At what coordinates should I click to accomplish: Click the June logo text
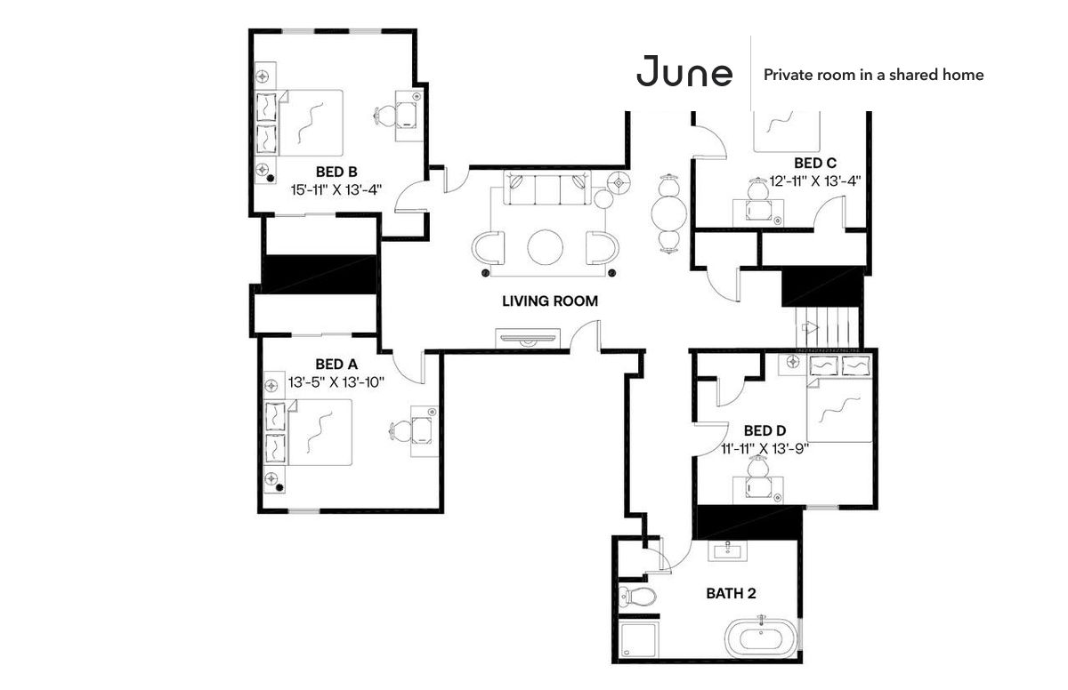click(684, 71)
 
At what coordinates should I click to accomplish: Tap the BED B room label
click(336, 172)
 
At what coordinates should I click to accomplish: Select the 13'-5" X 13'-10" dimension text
click(336, 382)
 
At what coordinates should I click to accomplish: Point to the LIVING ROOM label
click(550, 301)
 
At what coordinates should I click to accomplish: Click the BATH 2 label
click(731, 593)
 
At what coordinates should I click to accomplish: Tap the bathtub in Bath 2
click(760, 638)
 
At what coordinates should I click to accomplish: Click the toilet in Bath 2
click(637, 596)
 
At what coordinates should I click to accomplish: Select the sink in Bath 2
click(728, 551)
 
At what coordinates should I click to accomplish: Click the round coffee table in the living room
click(545, 247)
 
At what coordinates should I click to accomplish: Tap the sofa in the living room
click(547, 189)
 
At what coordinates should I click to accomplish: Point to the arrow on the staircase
click(810, 327)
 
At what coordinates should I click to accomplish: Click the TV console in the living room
click(527, 338)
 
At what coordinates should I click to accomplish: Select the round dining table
click(669, 213)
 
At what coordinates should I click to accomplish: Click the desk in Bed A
click(425, 431)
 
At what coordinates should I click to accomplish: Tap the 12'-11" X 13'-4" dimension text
click(815, 181)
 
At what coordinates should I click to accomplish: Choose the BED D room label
click(765, 430)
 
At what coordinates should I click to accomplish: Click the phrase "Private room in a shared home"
click(873, 75)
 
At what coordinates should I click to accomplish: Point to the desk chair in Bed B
click(384, 116)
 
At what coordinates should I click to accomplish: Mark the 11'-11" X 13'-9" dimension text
click(765, 448)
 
